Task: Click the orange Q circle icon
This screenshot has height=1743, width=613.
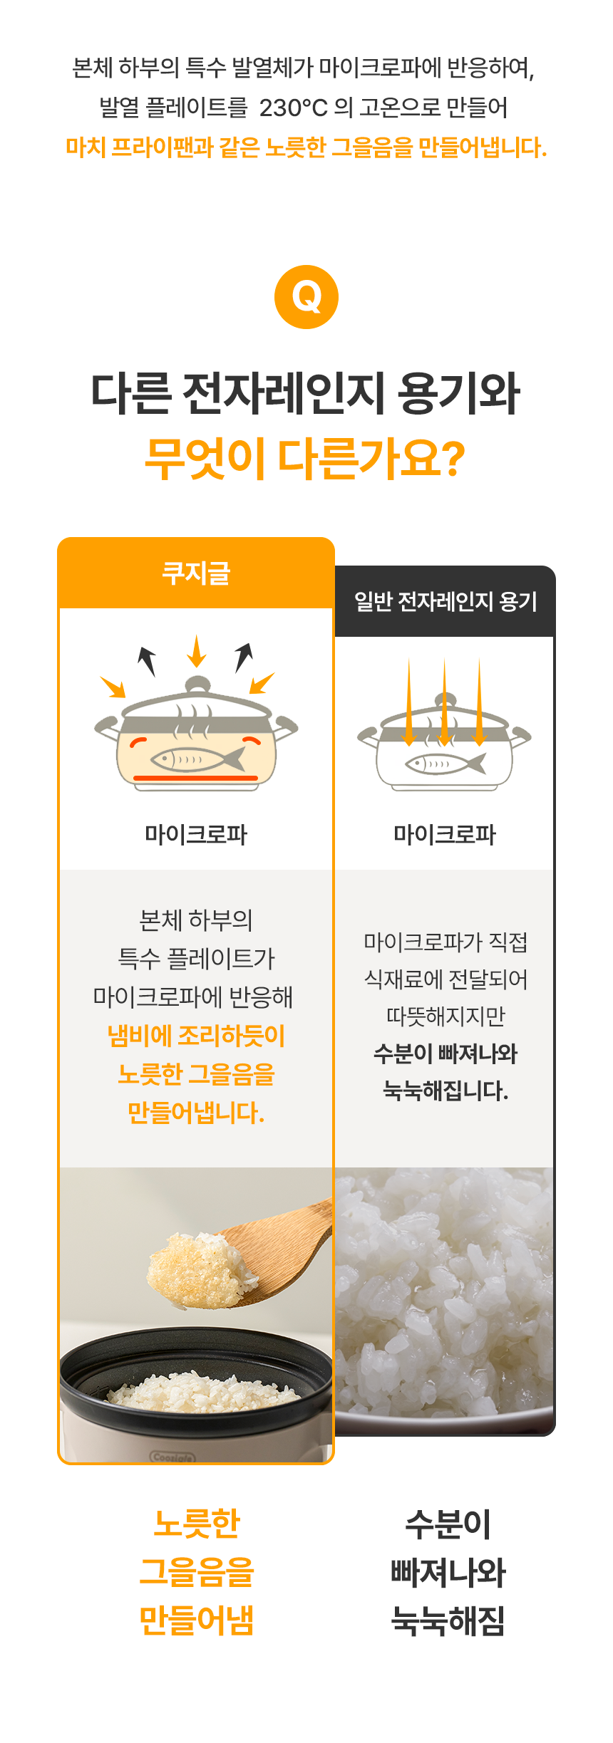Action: tap(306, 297)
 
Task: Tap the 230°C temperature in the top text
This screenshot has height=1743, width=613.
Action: tap(294, 108)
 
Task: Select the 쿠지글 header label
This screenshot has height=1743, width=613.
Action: tap(196, 573)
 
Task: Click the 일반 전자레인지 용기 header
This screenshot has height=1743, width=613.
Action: tap(445, 601)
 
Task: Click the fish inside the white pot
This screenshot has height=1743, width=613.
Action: tap(445, 764)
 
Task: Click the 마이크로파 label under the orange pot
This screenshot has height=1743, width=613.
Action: tap(196, 834)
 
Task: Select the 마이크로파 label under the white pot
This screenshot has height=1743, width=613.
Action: tap(445, 834)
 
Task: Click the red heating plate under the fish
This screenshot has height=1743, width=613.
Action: tap(196, 778)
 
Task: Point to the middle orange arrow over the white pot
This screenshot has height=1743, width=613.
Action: tap(444, 702)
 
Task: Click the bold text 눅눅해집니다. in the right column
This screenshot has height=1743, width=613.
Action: tap(445, 1091)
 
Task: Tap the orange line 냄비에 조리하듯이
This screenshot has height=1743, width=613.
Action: tap(196, 1036)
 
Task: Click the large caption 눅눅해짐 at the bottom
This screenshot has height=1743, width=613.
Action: tap(448, 1621)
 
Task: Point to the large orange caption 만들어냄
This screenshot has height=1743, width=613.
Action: tap(196, 1620)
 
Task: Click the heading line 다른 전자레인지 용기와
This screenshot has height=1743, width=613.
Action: tap(305, 393)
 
